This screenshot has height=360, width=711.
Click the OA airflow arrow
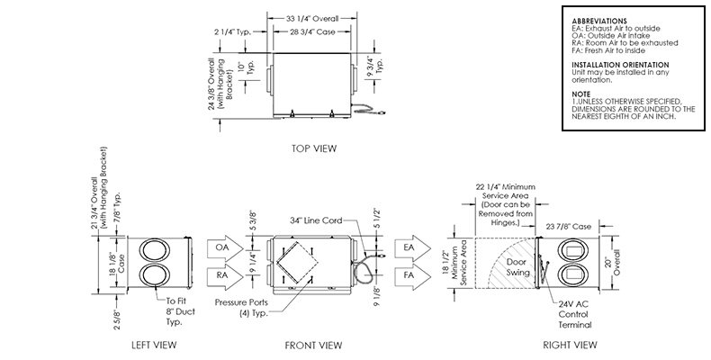coord(224,247)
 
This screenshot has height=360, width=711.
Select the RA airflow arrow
coord(224,275)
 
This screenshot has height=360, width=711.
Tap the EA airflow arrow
coord(411,247)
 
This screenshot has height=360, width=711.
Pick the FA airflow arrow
coord(411,275)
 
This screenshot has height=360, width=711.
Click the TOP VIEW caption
coord(314,148)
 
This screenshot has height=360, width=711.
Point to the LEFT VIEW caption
coord(154,345)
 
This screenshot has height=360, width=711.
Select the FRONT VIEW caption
coord(313,346)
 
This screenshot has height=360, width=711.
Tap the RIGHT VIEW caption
coord(570,345)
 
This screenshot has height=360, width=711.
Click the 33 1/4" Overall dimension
coord(312,19)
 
